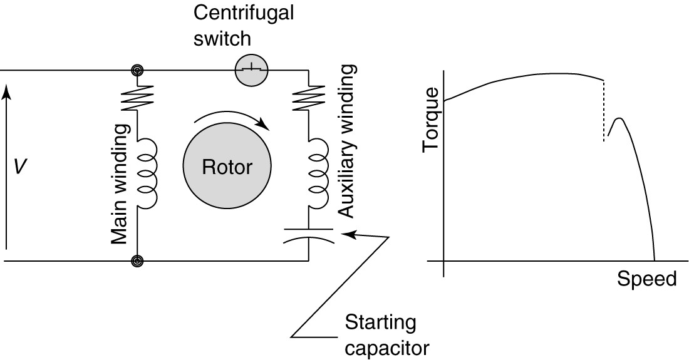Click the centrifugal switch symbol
click(x=251, y=69)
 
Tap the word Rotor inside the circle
click(x=227, y=167)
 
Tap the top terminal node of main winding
click(x=136, y=70)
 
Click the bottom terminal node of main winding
click(x=136, y=260)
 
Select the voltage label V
click(x=20, y=167)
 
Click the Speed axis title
click(x=646, y=279)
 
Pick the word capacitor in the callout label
click(x=386, y=346)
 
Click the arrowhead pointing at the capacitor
click(x=351, y=234)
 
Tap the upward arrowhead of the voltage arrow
click(x=6, y=92)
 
